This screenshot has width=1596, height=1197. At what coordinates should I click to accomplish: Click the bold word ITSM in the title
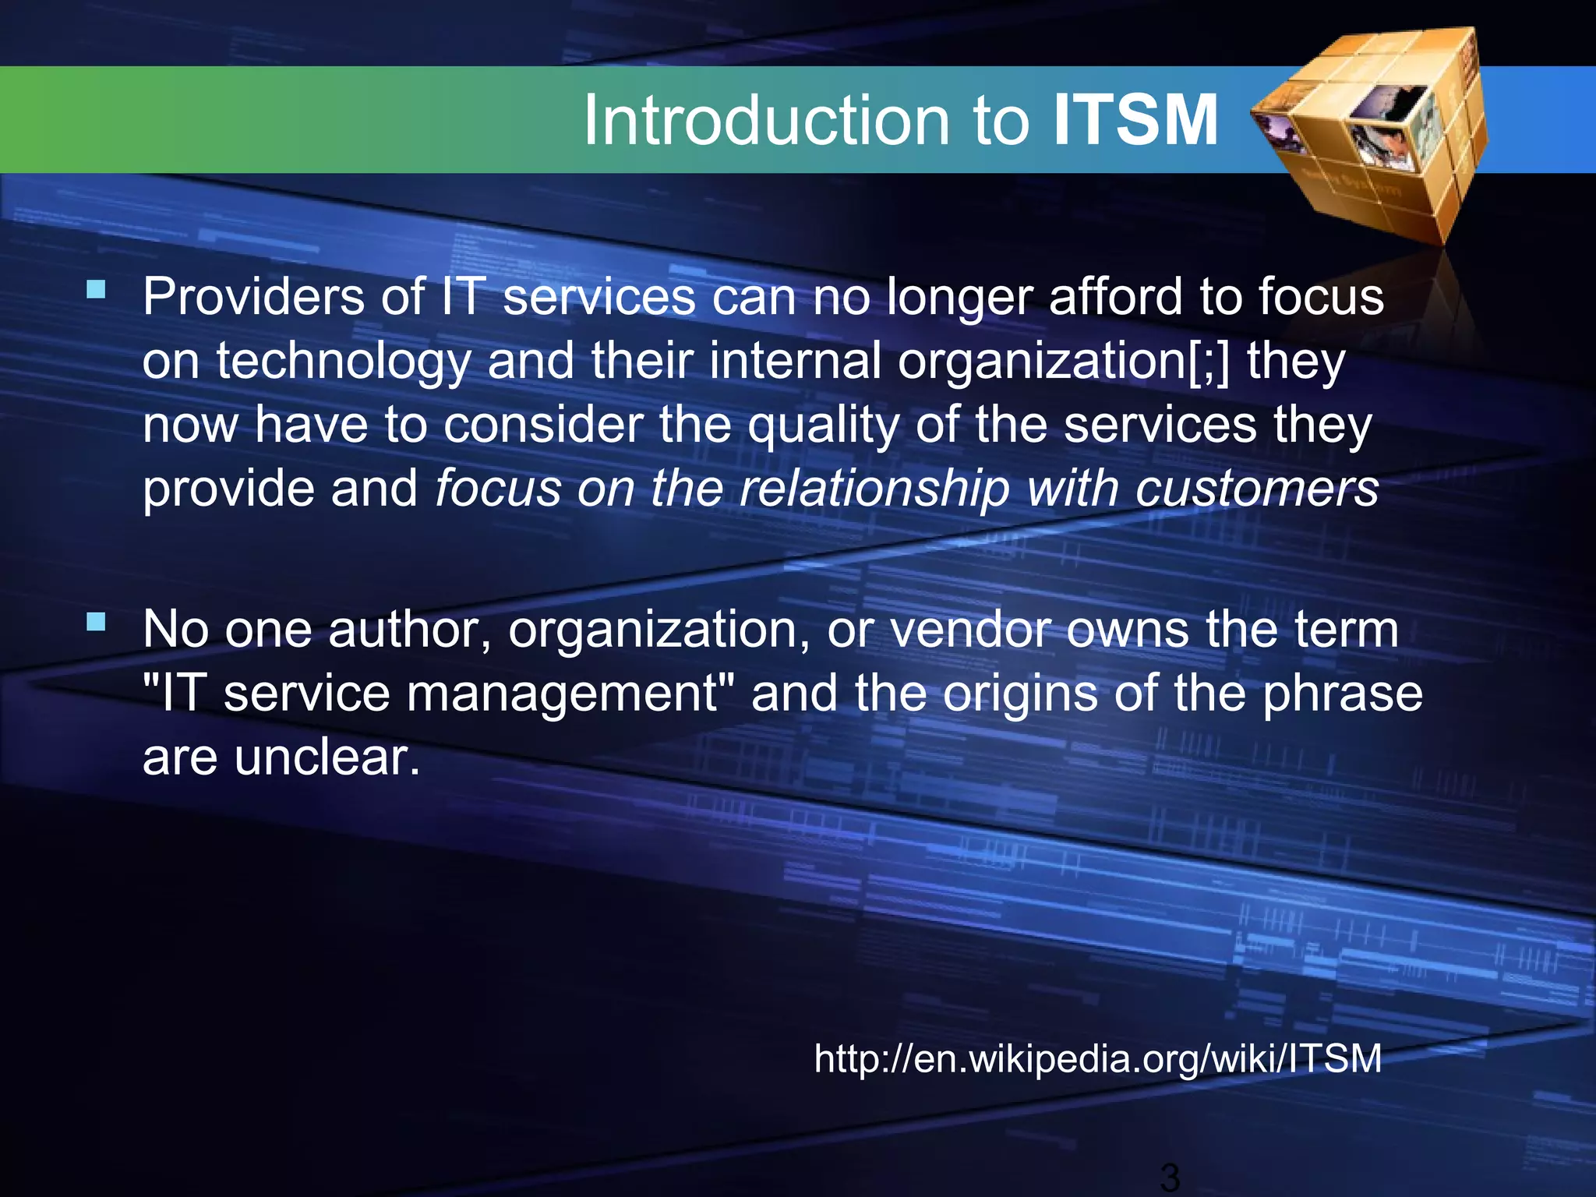tap(1135, 121)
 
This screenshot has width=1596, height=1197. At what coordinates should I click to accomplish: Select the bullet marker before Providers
tap(97, 291)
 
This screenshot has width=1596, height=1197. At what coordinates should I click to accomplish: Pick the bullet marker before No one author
tap(97, 622)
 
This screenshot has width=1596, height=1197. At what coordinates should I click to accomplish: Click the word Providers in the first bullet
tap(252, 297)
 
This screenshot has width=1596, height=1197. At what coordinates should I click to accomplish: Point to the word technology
tap(344, 362)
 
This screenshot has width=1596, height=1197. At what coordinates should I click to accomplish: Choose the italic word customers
tap(1256, 489)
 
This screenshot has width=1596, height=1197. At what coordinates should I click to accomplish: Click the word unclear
tap(327, 757)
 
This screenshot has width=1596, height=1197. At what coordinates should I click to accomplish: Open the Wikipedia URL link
tap(1097, 1059)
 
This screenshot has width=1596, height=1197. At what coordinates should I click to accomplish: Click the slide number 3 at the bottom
tap(1169, 1178)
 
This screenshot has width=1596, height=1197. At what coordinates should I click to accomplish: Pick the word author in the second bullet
tap(410, 629)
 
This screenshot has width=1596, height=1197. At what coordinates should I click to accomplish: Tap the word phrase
tap(1342, 694)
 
